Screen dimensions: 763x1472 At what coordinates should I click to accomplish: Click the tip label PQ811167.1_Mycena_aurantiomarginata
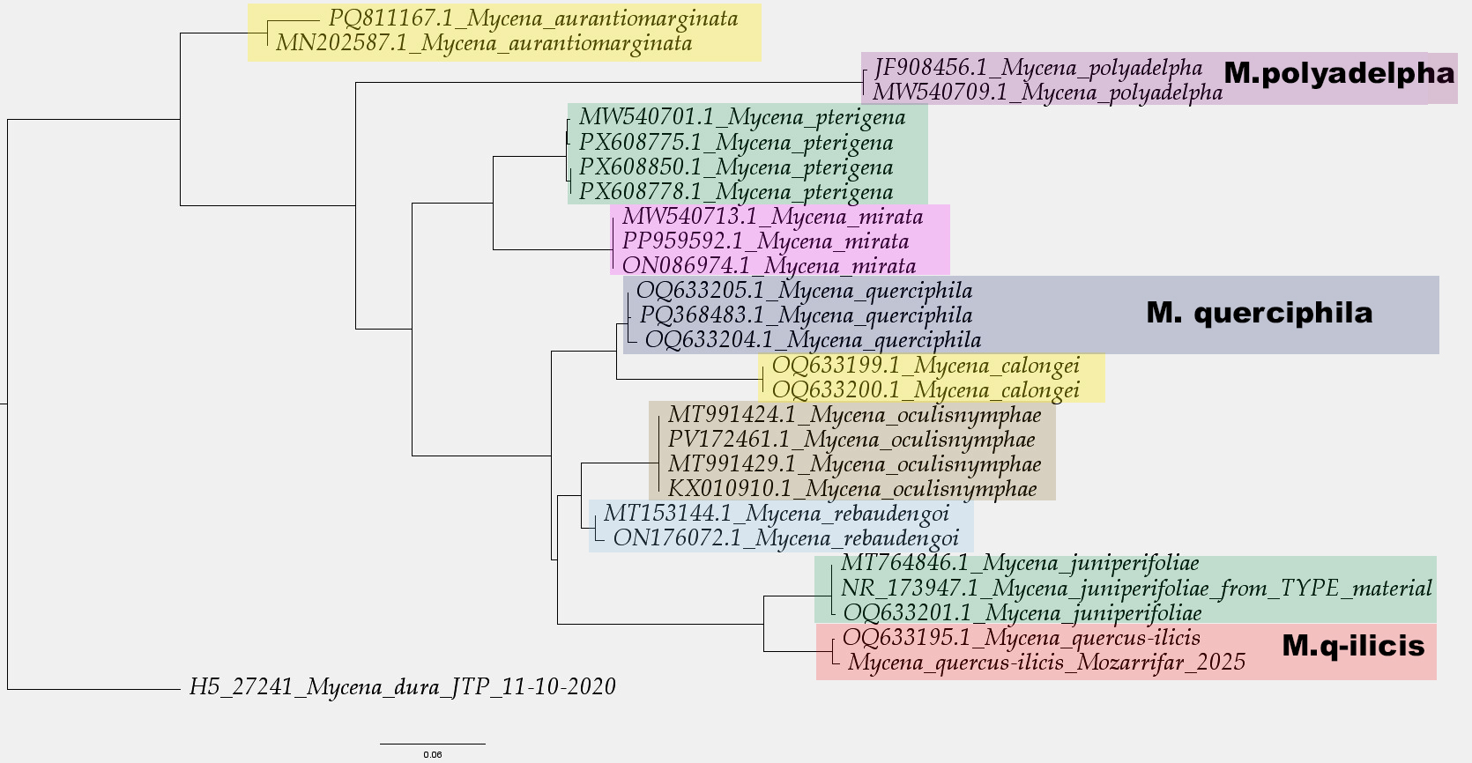(x=532, y=19)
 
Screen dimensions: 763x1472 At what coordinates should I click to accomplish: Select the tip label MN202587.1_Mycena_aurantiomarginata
(x=483, y=43)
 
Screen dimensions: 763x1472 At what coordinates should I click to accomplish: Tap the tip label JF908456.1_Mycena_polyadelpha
(x=1037, y=68)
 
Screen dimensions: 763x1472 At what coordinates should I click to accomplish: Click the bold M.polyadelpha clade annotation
(x=1339, y=73)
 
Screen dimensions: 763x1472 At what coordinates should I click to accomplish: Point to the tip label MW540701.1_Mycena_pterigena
(x=741, y=118)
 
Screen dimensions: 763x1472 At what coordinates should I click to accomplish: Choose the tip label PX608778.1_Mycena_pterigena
(x=735, y=192)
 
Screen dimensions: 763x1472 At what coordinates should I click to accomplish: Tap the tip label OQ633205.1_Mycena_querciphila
(x=804, y=291)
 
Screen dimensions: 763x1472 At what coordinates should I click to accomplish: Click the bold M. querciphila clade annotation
(x=1259, y=313)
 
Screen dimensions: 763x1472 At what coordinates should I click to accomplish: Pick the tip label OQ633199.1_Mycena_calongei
(x=926, y=365)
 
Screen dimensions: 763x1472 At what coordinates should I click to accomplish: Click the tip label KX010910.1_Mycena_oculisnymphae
(x=852, y=489)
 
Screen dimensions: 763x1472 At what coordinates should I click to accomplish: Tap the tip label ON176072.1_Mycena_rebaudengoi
(x=785, y=537)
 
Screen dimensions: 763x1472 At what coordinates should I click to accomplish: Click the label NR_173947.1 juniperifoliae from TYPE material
(x=1136, y=588)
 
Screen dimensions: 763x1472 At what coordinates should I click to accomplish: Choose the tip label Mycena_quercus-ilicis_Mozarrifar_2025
(x=1046, y=662)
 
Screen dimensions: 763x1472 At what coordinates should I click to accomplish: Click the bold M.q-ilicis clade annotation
(x=1352, y=646)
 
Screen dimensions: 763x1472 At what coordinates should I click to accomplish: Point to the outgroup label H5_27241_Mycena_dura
(x=402, y=687)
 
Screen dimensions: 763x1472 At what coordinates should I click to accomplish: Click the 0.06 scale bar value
(x=432, y=754)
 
